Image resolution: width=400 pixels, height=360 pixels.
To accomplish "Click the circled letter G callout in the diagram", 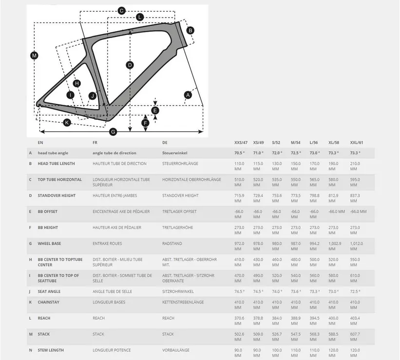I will coord(113,132).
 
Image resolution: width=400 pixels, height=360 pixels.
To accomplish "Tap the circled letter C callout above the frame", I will coord(122,10).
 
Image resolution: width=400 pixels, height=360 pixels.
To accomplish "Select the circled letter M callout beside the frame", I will coord(34,56).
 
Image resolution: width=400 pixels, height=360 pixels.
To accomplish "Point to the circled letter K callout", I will coord(67,122).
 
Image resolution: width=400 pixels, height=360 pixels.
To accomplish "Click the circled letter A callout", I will coord(188,95).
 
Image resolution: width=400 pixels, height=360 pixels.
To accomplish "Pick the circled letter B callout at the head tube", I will coord(190,30).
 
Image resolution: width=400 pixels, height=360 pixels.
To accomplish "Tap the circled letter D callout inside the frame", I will coord(130,65).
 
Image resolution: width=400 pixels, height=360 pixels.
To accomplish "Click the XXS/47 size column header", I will coord(241,143).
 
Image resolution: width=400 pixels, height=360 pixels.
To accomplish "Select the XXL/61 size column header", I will coord(357,143).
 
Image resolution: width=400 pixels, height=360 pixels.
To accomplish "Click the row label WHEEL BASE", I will coord(49,243).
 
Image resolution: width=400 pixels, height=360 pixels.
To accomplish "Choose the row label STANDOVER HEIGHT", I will coord(56,195).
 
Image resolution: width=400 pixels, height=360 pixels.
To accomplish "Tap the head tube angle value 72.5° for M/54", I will coord(295,153).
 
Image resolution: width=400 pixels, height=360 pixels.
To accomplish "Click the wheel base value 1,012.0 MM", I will coord(357,246).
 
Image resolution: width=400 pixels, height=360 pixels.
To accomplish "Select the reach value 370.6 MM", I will coord(239,321).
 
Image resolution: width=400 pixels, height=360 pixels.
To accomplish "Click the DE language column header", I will coord(165,143).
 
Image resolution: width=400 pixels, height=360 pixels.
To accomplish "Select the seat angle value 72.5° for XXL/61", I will coord(355,291).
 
